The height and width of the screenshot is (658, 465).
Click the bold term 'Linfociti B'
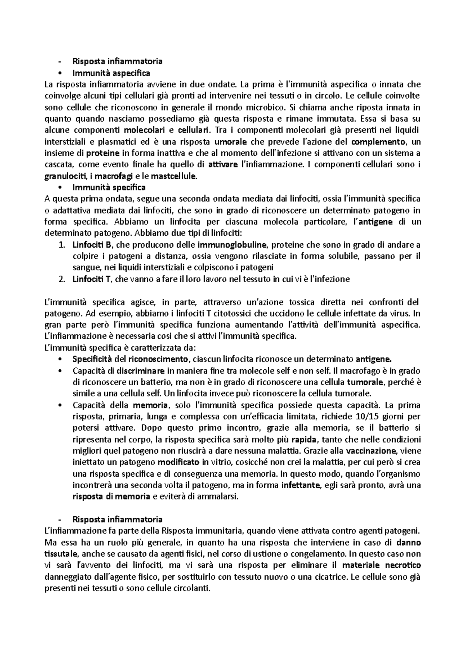(x=93, y=245)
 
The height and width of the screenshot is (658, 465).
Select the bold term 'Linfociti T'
(x=92, y=279)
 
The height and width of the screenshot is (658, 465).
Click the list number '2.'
(x=62, y=279)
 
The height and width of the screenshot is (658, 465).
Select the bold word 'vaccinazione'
(x=371, y=451)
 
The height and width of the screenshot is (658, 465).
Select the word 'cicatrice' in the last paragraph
(x=329, y=577)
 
